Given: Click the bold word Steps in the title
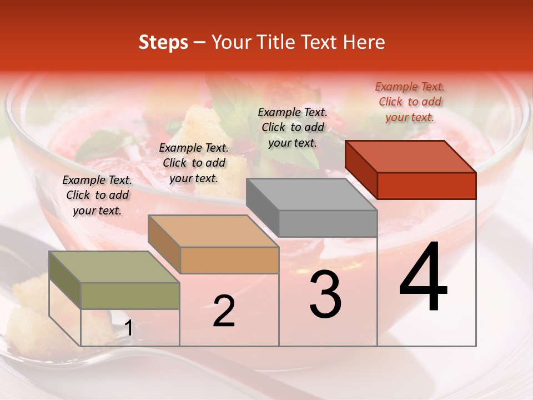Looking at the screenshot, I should (163, 43).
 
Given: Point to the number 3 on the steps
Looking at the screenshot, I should (325, 296).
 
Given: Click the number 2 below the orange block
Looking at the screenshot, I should (224, 312).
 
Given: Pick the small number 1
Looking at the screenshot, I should (128, 328).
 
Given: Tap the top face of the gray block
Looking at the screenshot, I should (311, 194).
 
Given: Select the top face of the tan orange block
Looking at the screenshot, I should (213, 231).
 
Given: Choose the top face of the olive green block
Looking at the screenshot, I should (114, 267).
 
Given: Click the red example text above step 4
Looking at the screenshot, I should (410, 102).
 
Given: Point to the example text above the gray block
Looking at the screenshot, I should (293, 127).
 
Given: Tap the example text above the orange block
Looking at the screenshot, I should (194, 163).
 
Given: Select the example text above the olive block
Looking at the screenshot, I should (97, 195).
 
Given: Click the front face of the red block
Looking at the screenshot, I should (426, 186).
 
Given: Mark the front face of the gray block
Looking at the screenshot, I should (328, 223).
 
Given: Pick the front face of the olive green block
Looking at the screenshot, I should (130, 296).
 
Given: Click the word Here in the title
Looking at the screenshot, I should (364, 43).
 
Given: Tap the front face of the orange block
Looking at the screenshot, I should (229, 260).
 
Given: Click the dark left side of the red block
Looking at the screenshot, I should (361, 169).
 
